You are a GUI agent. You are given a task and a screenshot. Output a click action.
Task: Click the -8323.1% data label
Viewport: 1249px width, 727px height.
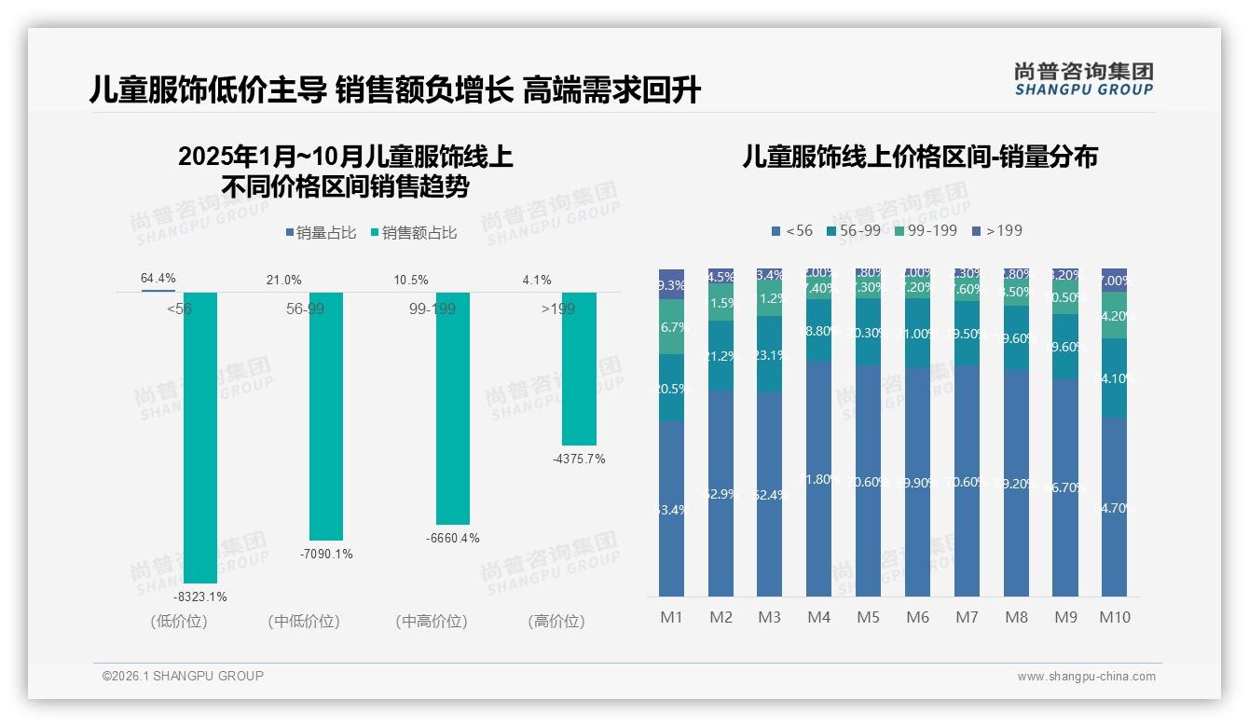tap(200, 597)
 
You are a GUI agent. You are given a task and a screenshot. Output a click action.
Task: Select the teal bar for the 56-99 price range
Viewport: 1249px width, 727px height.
tap(325, 416)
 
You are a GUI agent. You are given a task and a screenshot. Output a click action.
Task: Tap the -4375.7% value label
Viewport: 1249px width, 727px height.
tap(578, 459)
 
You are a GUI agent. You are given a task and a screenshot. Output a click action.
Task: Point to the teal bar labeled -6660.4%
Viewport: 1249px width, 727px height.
tap(452, 408)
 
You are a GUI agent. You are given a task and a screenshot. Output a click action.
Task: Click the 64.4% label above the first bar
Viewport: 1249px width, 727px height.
tap(158, 279)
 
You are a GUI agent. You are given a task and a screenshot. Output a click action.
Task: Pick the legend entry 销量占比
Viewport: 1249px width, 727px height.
tap(320, 233)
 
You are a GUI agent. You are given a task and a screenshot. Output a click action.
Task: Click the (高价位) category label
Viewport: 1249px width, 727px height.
tap(556, 622)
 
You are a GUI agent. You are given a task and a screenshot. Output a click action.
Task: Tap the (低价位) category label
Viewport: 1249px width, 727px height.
tap(178, 622)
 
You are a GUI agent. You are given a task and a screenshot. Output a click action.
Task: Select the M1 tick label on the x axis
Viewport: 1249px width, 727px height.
tap(671, 617)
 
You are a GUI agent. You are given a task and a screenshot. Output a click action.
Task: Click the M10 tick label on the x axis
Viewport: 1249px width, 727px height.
tap(1114, 617)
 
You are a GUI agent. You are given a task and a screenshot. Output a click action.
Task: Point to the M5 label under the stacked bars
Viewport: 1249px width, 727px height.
tap(868, 617)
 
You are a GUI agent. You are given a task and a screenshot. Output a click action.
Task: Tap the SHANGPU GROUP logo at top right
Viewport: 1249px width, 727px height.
tap(1083, 79)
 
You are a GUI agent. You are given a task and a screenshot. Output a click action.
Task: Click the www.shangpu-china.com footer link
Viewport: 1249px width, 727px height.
tap(1086, 677)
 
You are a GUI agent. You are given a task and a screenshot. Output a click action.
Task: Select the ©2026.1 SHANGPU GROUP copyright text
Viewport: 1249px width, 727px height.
tap(183, 676)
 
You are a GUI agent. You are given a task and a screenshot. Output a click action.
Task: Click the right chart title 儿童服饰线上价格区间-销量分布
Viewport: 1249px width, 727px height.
tap(919, 157)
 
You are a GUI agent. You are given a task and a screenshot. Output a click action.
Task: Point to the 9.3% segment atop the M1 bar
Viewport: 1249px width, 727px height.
tap(671, 284)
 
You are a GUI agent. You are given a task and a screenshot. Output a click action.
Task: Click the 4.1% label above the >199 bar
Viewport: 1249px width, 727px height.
tap(537, 280)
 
